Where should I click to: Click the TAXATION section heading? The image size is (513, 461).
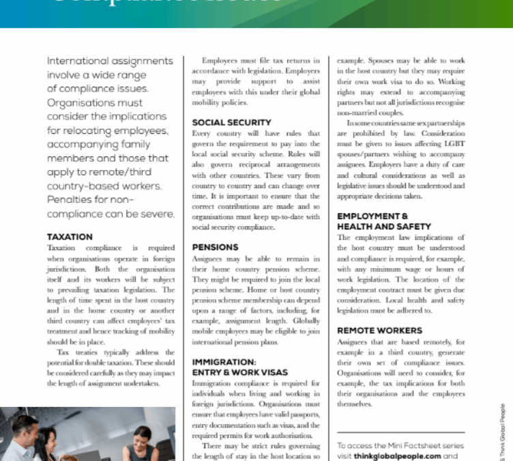point(70,237)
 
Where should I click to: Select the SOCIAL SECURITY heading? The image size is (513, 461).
point(231,123)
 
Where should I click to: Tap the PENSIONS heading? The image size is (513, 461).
point(215,247)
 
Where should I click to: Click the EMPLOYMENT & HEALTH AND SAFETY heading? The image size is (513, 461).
point(384,221)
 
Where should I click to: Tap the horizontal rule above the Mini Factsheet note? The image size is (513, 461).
point(400,432)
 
